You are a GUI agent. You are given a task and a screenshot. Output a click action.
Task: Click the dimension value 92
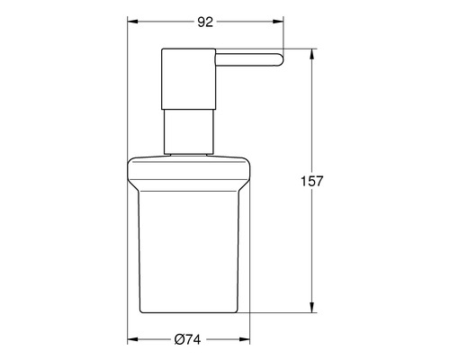(x=204, y=23)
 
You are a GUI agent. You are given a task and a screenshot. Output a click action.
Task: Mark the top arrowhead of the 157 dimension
(x=313, y=52)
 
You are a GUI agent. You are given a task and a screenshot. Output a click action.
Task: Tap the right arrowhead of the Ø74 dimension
(x=248, y=340)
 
